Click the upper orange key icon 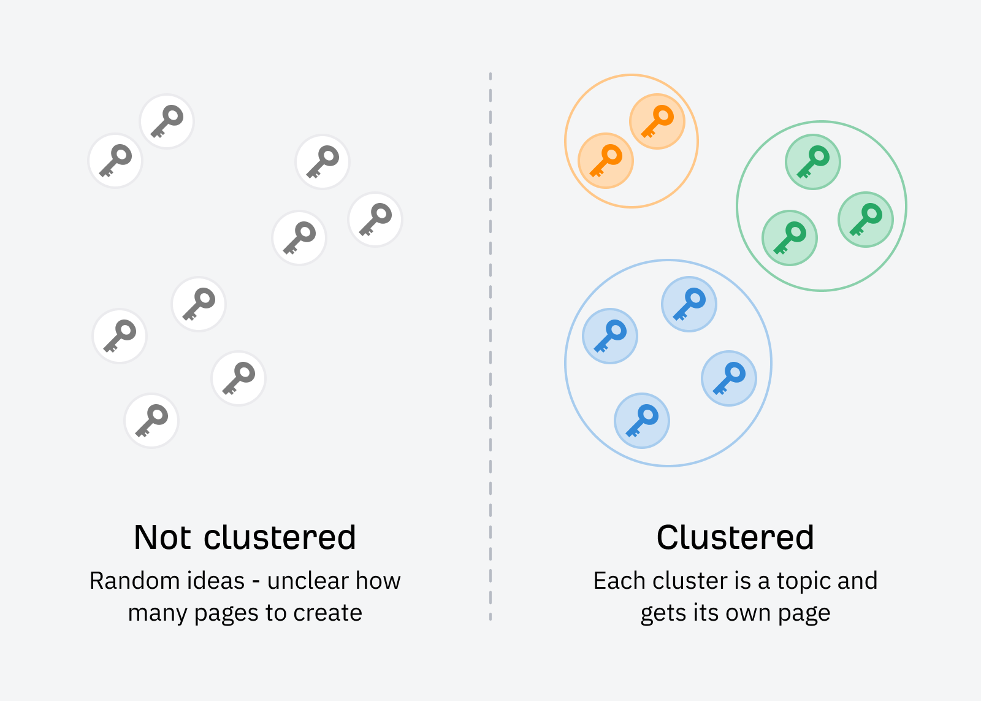pyautogui.click(x=657, y=121)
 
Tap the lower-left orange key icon pyautogui.click(x=606, y=161)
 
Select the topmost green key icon pyautogui.click(x=813, y=162)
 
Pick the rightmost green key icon pyautogui.click(x=866, y=220)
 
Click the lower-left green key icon pyautogui.click(x=790, y=238)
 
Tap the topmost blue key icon pyautogui.click(x=689, y=304)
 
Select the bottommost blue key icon pyautogui.click(x=642, y=421)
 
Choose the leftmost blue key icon pyautogui.click(x=610, y=336)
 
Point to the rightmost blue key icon pyautogui.click(x=729, y=378)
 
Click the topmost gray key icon pyautogui.click(x=167, y=121)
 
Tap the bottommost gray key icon pyautogui.click(x=151, y=421)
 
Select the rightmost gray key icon pyautogui.click(x=375, y=220)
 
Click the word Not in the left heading pyautogui.click(x=163, y=538)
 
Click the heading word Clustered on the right pyautogui.click(x=735, y=538)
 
